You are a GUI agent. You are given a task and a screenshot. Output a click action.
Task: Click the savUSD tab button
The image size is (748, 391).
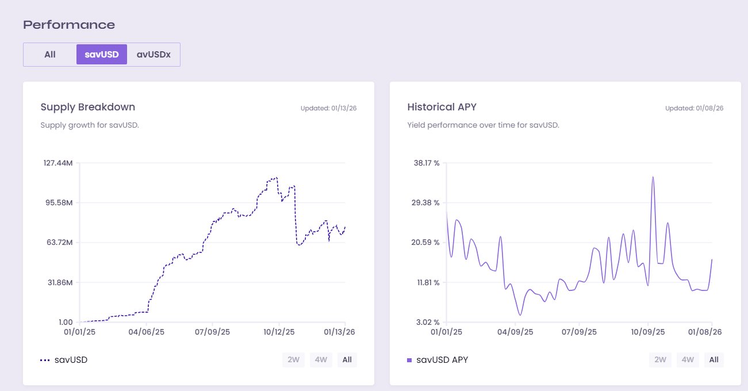coord(102,55)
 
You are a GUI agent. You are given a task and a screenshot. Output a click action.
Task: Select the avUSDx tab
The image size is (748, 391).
coord(154,55)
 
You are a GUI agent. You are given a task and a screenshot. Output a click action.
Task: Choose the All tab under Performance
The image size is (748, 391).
coord(50,55)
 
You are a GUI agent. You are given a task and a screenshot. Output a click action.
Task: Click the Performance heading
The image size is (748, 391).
coord(69,25)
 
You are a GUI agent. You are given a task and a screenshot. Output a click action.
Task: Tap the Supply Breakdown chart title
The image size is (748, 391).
coord(88,107)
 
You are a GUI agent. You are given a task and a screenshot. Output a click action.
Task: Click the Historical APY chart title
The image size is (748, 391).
coord(442,107)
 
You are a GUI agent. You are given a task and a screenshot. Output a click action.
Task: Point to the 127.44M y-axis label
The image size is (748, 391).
coord(57,163)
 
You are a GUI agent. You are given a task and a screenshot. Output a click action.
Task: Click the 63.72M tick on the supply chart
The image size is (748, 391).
coord(59,243)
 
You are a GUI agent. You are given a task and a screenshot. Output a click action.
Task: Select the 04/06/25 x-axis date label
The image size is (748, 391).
coord(146,332)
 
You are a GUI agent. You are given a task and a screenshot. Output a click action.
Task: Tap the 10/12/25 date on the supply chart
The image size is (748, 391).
coord(279,332)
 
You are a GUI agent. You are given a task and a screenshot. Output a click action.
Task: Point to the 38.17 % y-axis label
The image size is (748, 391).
coord(427,163)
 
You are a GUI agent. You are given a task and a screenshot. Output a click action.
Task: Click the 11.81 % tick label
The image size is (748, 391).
coord(427,282)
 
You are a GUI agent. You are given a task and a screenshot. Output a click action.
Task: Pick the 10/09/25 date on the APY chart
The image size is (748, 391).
coord(648,332)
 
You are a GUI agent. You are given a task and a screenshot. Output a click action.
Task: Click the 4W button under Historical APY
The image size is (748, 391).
coord(687,360)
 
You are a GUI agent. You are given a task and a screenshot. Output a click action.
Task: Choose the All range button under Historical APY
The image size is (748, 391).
coord(714,360)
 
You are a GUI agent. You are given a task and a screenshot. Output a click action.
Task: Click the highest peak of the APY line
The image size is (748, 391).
coord(653,177)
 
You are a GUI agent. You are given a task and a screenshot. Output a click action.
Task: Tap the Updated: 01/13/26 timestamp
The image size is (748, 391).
coord(328,108)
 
